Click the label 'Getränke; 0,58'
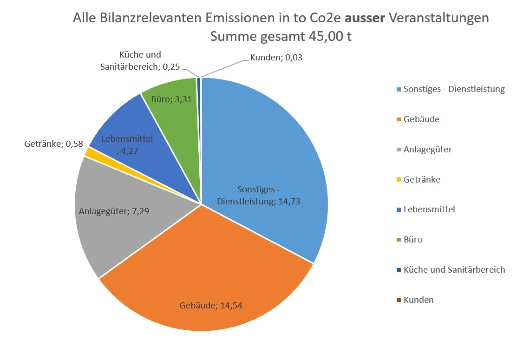pyautogui.click(x=53, y=144)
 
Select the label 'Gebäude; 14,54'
pyautogui.click(x=211, y=305)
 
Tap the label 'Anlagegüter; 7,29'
pyautogui.click(x=114, y=211)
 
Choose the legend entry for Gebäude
pyautogui.click(x=421, y=119)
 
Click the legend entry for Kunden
pyautogui.click(x=418, y=300)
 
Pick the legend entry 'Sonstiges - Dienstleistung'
pyautogui.click(x=453, y=89)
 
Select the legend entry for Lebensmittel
pyautogui.click(x=429, y=209)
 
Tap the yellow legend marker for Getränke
pyautogui.click(x=399, y=180)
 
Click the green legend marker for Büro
pyautogui.click(x=399, y=240)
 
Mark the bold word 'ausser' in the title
pyautogui.click(x=365, y=19)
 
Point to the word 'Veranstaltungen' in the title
pyautogui.click(x=439, y=19)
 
